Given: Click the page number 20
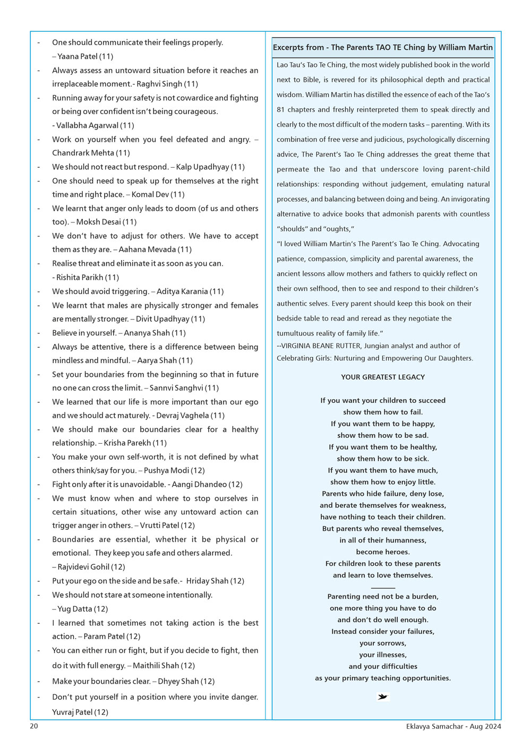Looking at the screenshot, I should (34, 726).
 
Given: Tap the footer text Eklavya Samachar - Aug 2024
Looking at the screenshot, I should (453, 726).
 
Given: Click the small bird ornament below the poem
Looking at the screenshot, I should (382, 696).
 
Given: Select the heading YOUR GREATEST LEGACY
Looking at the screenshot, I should (383, 377).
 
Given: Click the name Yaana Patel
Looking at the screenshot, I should (78, 56).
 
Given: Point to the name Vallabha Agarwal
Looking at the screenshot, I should (87, 125).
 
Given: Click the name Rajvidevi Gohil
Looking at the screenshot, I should (83, 567).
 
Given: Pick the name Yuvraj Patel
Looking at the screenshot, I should (72, 712).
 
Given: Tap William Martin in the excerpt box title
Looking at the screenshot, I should (466, 47).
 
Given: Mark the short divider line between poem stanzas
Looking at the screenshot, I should (383, 588).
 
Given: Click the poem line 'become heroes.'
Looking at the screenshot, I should (383, 552).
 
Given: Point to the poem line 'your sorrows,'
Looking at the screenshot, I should (383, 643).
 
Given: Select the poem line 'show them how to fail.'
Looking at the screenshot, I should (383, 412).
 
